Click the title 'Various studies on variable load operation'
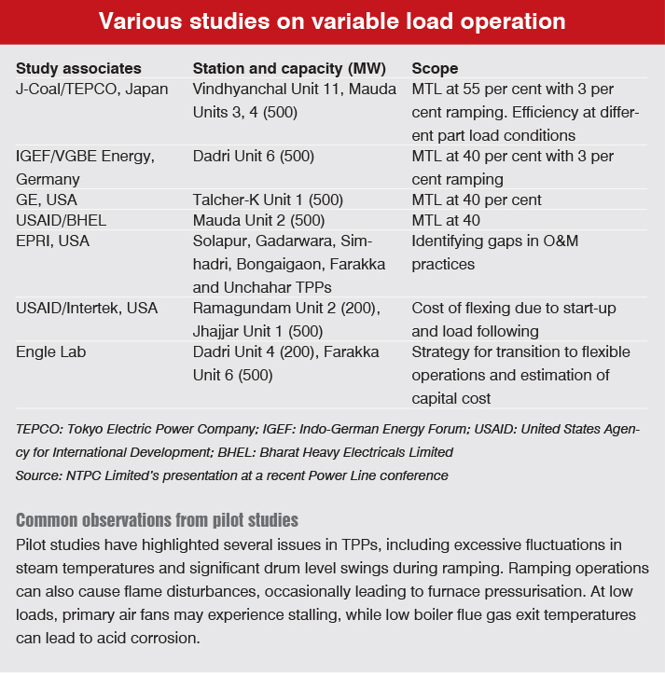pos(332,21)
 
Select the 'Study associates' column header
pos(78,69)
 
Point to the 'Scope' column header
pos(435,69)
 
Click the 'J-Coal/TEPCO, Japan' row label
pos(92,89)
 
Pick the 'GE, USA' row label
pos(47,200)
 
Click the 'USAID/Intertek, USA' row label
pos(87,309)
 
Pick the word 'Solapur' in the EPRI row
pos(220,242)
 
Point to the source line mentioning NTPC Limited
pos(232,475)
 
